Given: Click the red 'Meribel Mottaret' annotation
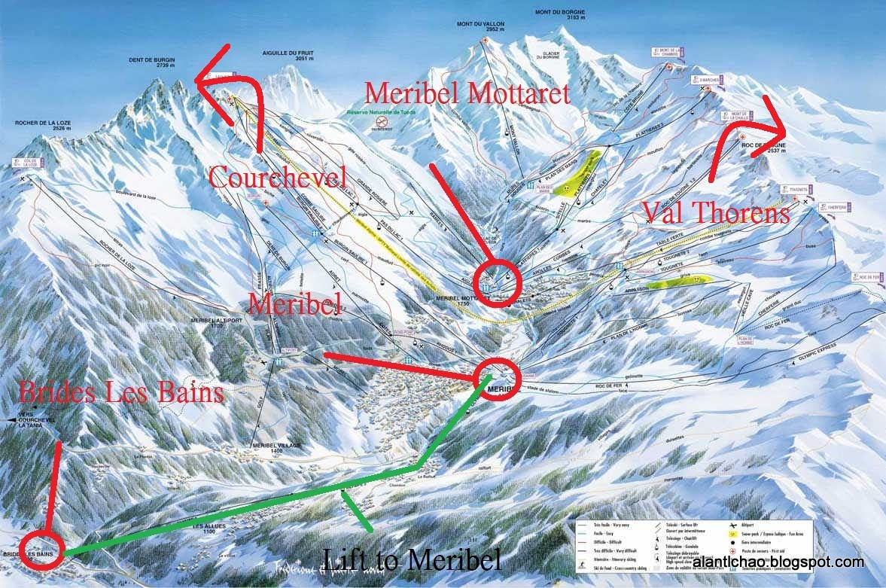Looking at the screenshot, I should pos(467,92).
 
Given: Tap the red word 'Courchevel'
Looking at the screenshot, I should pos(276,177).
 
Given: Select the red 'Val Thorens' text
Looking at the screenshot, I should pos(716,212).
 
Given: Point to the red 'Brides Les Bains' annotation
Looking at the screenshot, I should pos(121,391).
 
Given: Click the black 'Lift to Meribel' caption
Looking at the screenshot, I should pos(411,559).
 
